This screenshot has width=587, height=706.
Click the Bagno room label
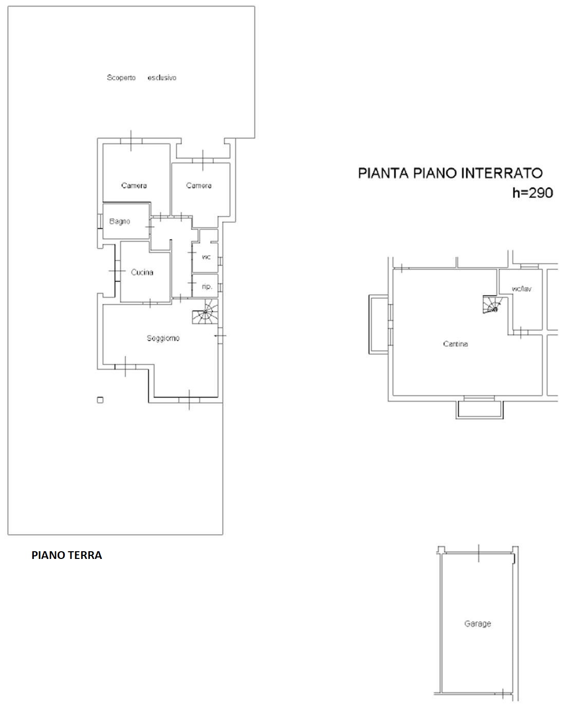tap(120, 222)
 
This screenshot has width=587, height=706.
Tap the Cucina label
tap(142, 272)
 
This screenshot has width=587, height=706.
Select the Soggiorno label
tap(163, 338)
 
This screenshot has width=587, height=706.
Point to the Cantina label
tap(455, 344)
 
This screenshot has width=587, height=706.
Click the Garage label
tap(478, 624)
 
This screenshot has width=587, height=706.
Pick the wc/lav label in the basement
tap(521, 289)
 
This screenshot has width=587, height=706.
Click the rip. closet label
tap(207, 287)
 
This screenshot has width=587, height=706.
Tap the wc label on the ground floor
tap(206, 257)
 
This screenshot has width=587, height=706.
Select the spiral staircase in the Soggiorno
tap(205, 312)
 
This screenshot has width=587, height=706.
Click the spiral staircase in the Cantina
tap(492, 304)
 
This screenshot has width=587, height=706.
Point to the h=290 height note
tap(533, 193)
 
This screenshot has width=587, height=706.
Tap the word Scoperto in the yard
tap(121, 78)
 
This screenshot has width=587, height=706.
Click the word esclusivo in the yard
tap(162, 78)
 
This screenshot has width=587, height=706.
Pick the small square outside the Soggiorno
tap(100, 400)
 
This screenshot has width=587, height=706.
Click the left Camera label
tap(134, 186)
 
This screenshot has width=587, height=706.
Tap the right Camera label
tap(199, 186)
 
